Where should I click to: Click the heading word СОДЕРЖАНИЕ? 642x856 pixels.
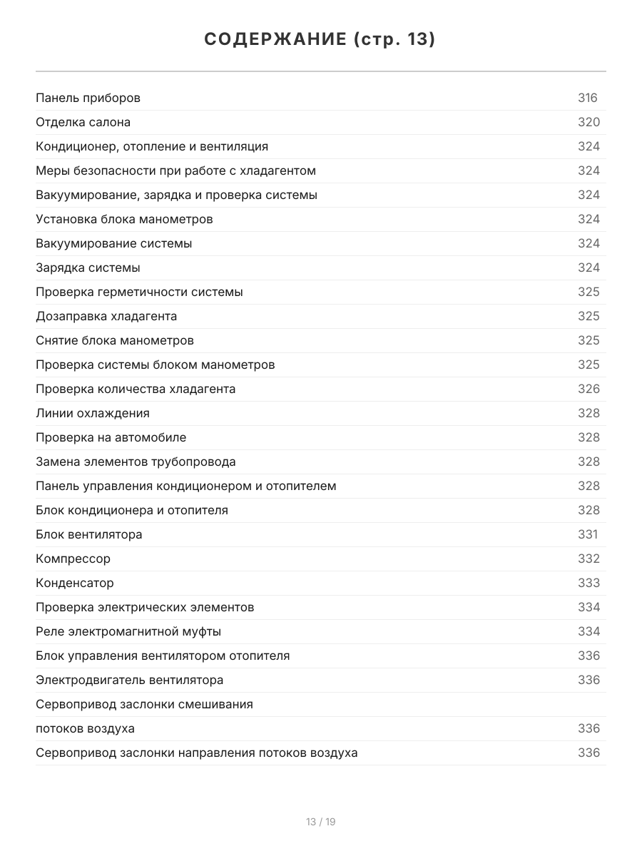pyautogui.click(x=275, y=40)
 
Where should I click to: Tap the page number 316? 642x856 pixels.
pyautogui.click(x=587, y=98)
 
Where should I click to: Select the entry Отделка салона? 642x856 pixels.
pyautogui.click(x=83, y=122)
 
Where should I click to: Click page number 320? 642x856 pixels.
pyautogui.click(x=588, y=122)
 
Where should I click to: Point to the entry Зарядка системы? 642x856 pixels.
pyautogui.click(x=88, y=267)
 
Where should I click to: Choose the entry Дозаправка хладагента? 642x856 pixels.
pyautogui.click(x=106, y=316)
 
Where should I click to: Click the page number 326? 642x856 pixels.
pyautogui.click(x=588, y=389)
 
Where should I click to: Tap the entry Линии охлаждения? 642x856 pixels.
pyautogui.click(x=93, y=413)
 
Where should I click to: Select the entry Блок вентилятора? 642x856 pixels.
pyautogui.click(x=89, y=534)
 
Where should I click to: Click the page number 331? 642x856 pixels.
pyautogui.click(x=587, y=534)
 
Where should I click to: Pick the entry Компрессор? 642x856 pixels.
pyautogui.click(x=73, y=559)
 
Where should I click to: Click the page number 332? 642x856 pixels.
pyautogui.click(x=588, y=559)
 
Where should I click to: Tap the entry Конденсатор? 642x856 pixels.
pyautogui.click(x=75, y=583)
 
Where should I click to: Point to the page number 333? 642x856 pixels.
pyautogui.click(x=588, y=583)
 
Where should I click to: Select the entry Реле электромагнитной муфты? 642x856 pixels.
pyautogui.click(x=128, y=631)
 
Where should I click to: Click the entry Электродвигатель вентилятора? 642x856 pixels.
pyautogui.click(x=130, y=680)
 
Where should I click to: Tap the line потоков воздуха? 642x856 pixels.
pyautogui.click(x=85, y=728)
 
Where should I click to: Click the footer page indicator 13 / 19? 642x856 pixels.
pyautogui.click(x=321, y=822)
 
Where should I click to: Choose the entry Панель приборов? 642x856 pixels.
pyautogui.click(x=88, y=98)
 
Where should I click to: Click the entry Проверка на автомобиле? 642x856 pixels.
pyautogui.click(x=111, y=437)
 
